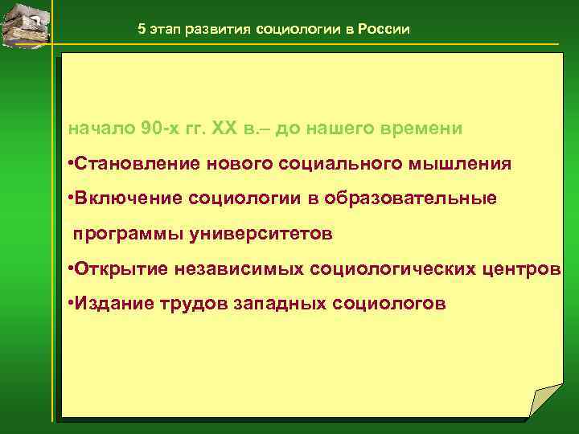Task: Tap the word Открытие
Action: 122,268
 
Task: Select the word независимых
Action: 233,268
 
